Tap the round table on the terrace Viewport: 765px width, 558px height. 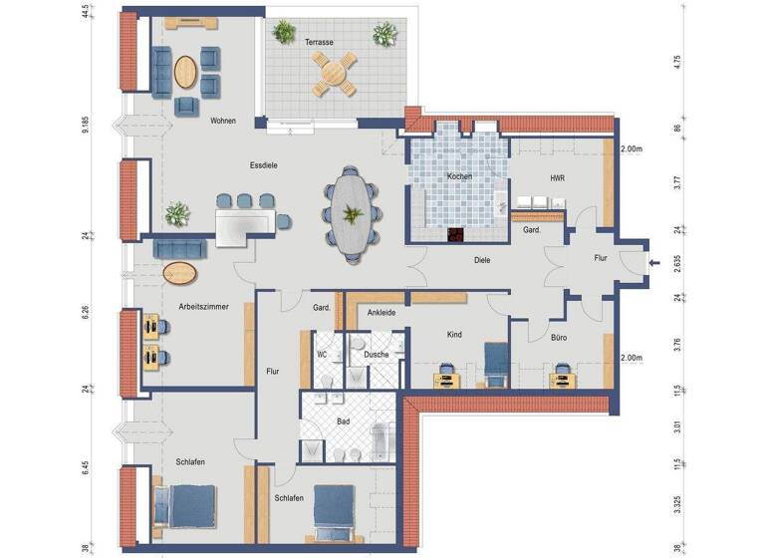click(335, 73)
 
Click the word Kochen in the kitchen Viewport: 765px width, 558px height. click(459, 176)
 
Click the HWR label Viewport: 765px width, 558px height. click(558, 178)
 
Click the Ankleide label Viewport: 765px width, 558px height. click(382, 313)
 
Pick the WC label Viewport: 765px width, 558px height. click(322, 354)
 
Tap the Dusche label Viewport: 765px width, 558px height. click(377, 354)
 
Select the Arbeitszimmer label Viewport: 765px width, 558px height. click(204, 308)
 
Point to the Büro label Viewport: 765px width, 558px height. click(560, 338)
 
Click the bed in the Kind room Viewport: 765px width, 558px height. click(495, 362)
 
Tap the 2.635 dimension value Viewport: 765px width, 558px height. click(676, 262)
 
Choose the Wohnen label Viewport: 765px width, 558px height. click(223, 121)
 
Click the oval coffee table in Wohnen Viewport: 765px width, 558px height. click(186, 71)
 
